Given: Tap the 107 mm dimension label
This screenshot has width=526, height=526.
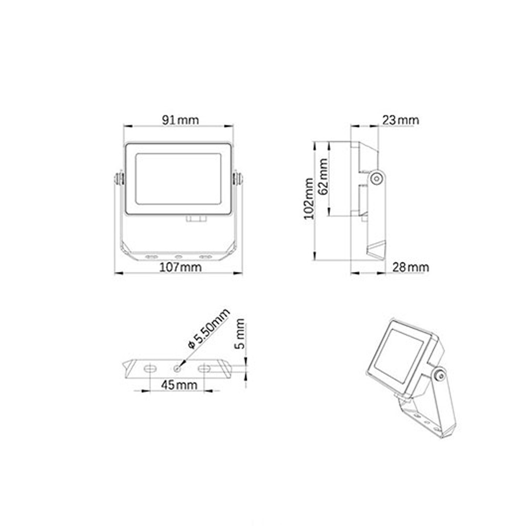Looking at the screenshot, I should pos(180,267).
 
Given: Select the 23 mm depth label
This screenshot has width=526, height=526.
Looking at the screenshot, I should pos(400,120).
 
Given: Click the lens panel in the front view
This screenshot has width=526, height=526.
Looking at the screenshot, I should pos(177,179).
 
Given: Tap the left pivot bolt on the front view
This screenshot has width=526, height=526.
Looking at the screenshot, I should pos(119,178).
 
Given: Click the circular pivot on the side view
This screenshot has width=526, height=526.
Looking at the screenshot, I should pos(376,178).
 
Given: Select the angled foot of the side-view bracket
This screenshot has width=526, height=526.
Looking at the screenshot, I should pos(376,251).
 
